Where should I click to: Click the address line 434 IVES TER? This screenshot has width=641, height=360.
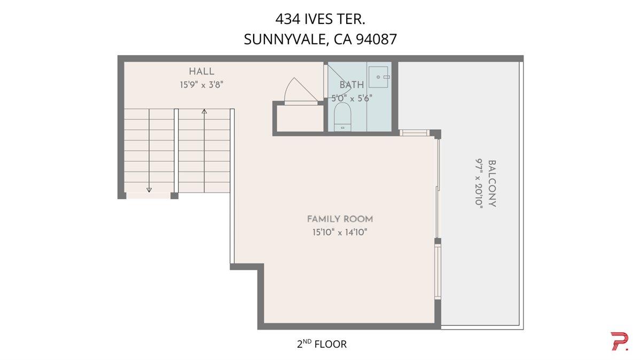pyautogui.click(x=320, y=19)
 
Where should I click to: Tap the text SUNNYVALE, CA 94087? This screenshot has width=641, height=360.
pyautogui.click(x=320, y=40)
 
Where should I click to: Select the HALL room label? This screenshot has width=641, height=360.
pyautogui.click(x=201, y=72)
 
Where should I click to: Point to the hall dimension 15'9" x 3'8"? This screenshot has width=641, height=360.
pyautogui.click(x=201, y=84)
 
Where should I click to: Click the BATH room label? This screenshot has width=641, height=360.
pyautogui.click(x=351, y=85)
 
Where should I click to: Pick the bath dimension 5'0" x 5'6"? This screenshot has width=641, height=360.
pyautogui.click(x=351, y=98)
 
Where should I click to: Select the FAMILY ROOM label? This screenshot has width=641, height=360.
pyautogui.click(x=340, y=219)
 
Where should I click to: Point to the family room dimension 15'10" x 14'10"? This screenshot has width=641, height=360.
pyautogui.click(x=340, y=232)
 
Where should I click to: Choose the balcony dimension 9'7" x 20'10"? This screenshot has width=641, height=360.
pyautogui.click(x=479, y=183)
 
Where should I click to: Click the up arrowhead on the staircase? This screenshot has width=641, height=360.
pyautogui.click(x=204, y=112)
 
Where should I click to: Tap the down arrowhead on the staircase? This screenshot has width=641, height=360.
pyautogui.click(x=149, y=189)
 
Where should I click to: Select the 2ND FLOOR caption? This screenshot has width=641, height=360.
pyautogui.click(x=322, y=344)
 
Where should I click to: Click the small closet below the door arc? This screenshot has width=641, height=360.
pyautogui.click(x=299, y=118)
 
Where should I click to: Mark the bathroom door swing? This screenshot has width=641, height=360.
pyautogui.click(x=337, y=85)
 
